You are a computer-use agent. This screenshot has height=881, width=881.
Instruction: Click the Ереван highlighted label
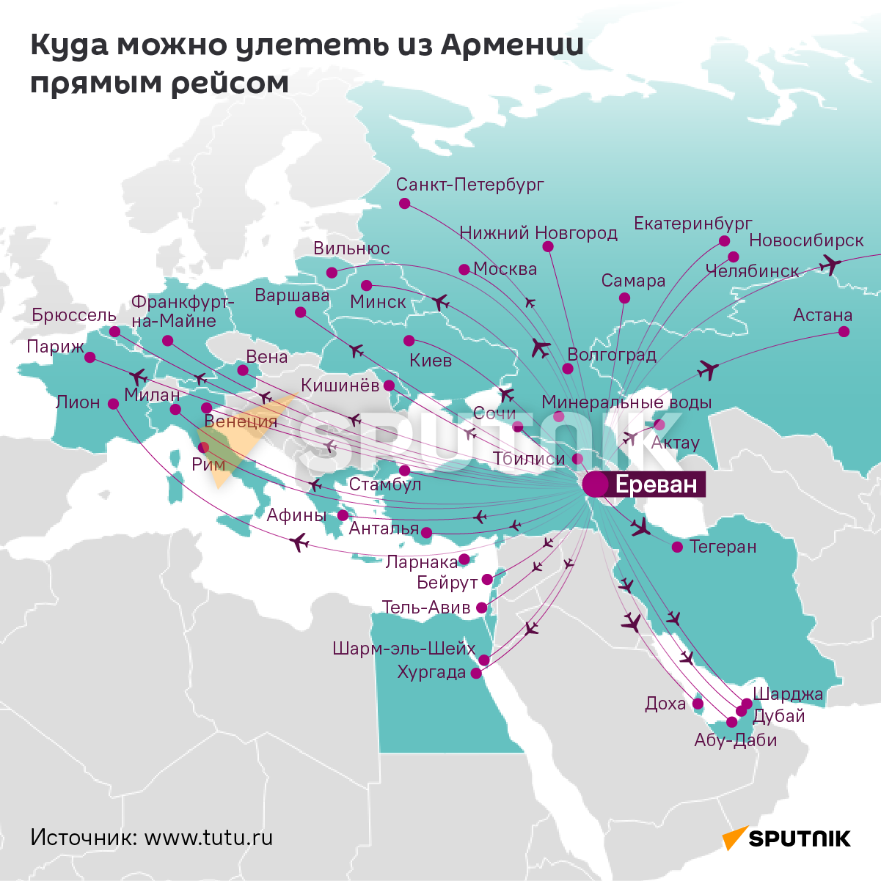pyautogui.click(x=656, y=484)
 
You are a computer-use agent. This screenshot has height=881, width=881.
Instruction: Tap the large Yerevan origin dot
pyautogui.click(x=595, y=484)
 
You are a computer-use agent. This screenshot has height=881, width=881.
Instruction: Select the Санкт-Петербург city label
pyautogui.click(x=469, y=184)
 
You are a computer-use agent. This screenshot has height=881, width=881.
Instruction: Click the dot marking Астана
pyautogui.click(x=844, y=332)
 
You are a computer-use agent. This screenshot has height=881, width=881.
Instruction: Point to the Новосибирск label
pyautogui.click(x=806, y=240)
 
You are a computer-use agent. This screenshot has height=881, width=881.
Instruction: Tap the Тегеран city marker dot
pyautogui.click(x=677, y=547)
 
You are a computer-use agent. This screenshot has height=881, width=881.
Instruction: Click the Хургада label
pyautogui.click(x=431, y=672)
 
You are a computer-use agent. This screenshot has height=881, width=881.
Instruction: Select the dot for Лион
pyautogui.click(x=113, y=403)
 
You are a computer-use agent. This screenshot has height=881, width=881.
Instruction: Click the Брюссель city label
pyautogui.click(x=74, y=315)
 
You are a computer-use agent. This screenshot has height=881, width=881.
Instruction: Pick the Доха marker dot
pyautogui.click(x=698, y=704)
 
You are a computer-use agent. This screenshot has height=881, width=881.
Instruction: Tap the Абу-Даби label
pyautogui.click(x=735, y=740)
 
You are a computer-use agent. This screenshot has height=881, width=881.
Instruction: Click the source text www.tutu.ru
pyautogui.click(x=208, y=837)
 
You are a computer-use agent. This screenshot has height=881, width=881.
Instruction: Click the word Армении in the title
pyautogui.click(x=511, y=45)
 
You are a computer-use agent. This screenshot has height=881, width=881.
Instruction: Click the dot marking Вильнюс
pyautogui.click(x=332, y=273)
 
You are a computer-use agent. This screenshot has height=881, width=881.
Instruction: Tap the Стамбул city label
pyautogui.click(x=385, y=484)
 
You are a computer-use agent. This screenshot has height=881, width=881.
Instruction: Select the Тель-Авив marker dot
pyautogui.click(x=481, y=608)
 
